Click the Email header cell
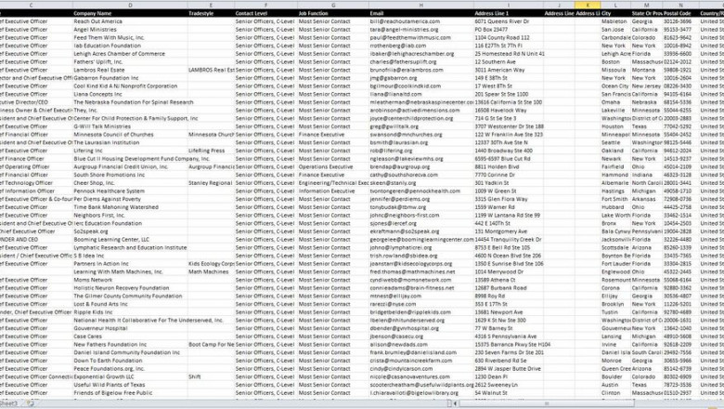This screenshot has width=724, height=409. click(377, 13)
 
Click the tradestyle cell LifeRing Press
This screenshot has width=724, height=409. click(206, 150)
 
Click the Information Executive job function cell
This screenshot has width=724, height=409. click(325, 190)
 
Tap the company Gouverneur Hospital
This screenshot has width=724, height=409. click(101, 327)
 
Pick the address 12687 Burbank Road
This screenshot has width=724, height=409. click(502, 287)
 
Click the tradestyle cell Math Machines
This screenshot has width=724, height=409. click(207, 271)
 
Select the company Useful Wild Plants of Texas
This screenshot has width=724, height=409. click(110, 384)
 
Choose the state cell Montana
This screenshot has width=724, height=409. click(645, 69)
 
